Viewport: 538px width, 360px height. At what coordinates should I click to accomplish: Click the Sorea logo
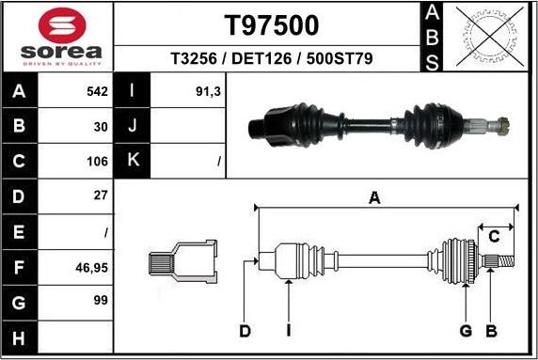pos(57,36)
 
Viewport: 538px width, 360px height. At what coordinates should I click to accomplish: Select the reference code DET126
pos(272,58)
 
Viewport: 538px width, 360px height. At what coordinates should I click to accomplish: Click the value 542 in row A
pos(98,92)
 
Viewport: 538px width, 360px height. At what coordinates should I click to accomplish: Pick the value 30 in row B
pos(102,126)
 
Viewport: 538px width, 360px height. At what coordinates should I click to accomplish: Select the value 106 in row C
pos(98,161)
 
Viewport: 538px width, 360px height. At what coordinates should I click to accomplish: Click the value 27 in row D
pos(102,196)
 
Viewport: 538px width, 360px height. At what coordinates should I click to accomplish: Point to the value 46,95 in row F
pos(92,267)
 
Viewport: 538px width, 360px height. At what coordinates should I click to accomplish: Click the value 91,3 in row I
pos(208,92)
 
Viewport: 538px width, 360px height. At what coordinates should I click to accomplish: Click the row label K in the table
pos(133,161)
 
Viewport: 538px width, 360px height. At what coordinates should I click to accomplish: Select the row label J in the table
pos(133,126)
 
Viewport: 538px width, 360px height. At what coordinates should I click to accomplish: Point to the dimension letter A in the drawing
pos(374,197)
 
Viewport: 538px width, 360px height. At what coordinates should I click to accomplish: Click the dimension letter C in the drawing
pos(493,235)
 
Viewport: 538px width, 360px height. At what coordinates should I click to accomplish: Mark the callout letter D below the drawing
pos(245,330)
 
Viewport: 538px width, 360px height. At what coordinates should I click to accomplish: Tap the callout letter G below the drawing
pos(465,330)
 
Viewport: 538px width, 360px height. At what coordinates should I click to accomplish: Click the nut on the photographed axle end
pos(504,123)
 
